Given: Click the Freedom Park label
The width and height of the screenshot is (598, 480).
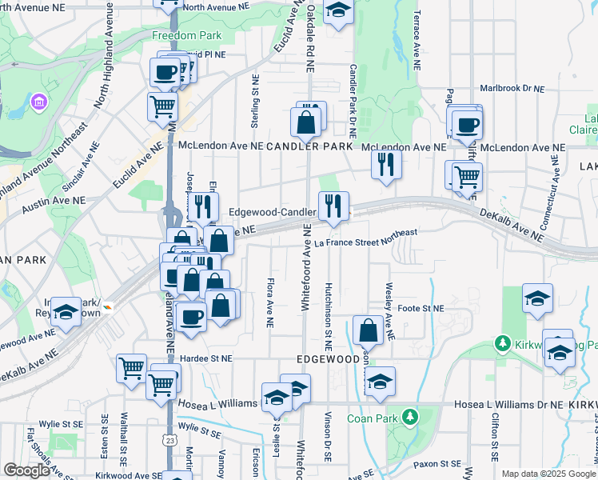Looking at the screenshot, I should (186, 36).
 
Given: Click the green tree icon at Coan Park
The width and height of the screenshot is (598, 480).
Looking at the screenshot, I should (409, 417).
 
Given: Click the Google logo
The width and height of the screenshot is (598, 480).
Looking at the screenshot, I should (26, 470).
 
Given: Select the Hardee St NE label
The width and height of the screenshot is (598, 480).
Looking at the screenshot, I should (207, 358).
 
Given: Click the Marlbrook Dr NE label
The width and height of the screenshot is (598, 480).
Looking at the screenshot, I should (512, 89).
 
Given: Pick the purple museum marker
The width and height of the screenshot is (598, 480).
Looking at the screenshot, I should (38, 102).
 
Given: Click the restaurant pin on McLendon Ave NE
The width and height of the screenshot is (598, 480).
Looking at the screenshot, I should (385, 165).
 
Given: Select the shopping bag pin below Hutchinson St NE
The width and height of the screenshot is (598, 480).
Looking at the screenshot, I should (368, 330).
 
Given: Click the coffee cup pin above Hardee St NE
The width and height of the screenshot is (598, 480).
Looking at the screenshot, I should (190, 316).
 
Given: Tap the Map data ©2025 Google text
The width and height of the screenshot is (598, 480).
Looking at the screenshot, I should (548, 474).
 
